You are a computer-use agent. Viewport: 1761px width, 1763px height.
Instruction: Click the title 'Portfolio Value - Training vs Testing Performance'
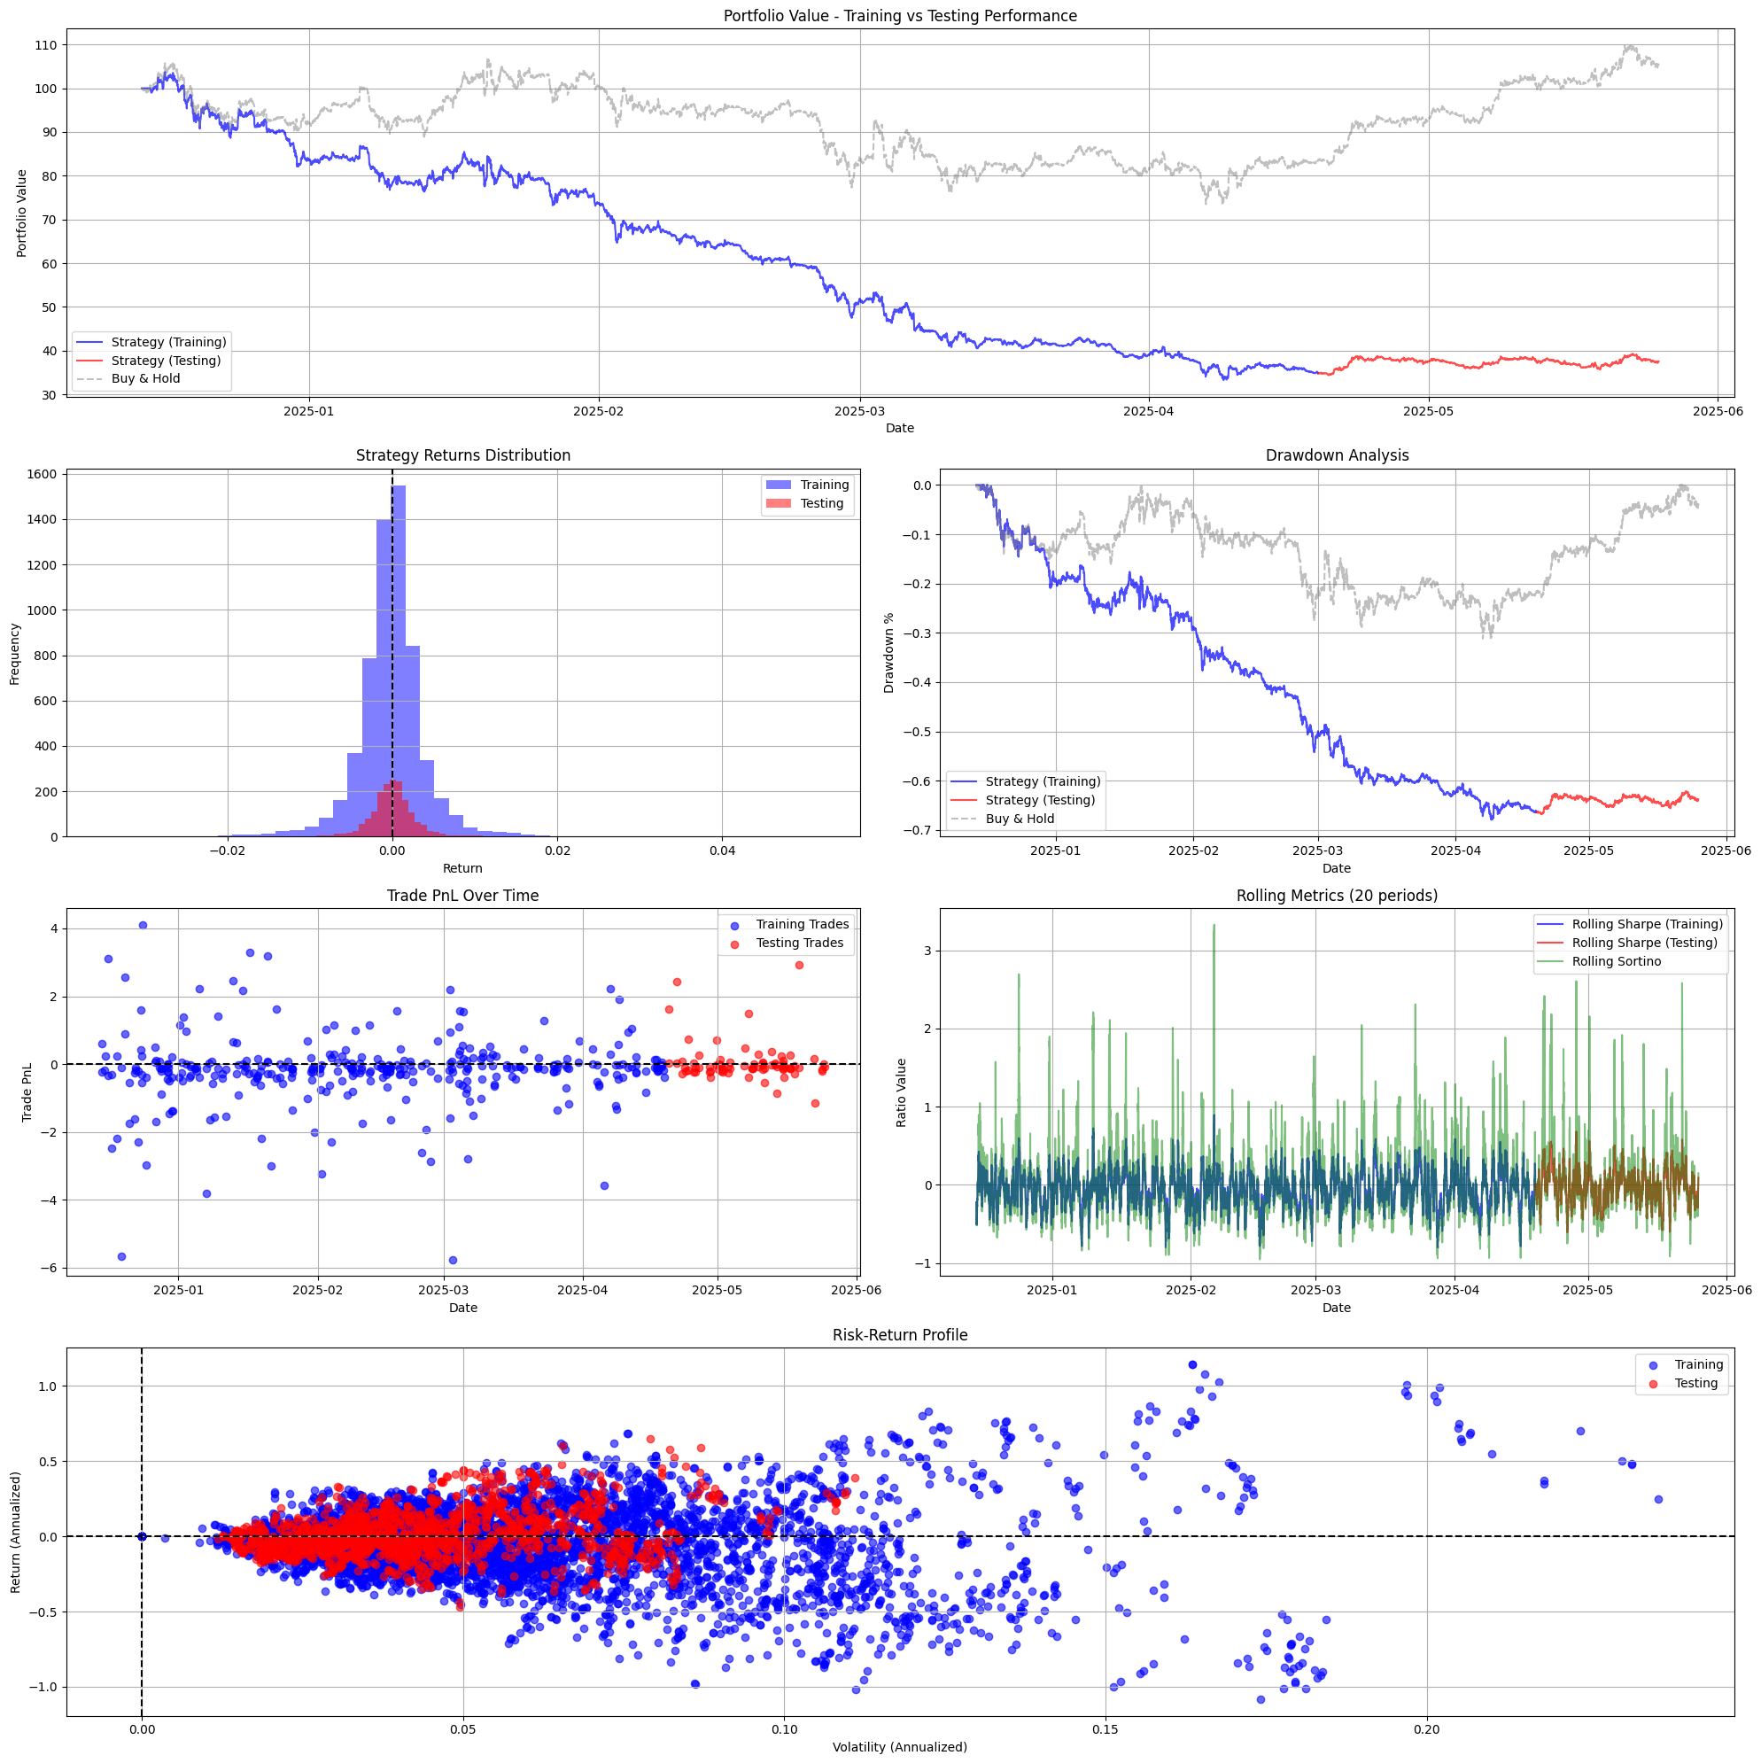tap(899, 17)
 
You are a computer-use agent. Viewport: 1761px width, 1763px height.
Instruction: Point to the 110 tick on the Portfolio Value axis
tap(46, 46)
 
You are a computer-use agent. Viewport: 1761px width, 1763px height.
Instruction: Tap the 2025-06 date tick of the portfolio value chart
tap(1718, 412)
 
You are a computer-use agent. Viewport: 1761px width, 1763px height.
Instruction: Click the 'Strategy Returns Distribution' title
tap(462, 455)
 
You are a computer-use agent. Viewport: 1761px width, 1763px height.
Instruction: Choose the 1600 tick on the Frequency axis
tap(42, 475)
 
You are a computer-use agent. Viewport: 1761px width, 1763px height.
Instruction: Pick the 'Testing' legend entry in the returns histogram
tap(821, 504)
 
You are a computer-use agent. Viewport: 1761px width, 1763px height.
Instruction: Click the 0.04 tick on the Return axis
tap(722, 851)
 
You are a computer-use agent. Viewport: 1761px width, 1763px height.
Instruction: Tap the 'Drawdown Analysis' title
tap(1336, 455)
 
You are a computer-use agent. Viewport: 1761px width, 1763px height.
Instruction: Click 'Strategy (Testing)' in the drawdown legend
tap(1039, 800)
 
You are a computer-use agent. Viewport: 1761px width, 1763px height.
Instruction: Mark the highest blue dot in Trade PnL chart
tap(143, 925)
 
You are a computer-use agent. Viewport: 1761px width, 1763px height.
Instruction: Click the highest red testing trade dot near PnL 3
tap(799, 966)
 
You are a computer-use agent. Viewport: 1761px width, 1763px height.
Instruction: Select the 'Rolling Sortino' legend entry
tap(1616, 962)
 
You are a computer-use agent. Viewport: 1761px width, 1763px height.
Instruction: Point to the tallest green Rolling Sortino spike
tap(1214, 926)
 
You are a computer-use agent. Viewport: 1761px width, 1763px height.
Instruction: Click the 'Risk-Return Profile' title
tap(899, 1335)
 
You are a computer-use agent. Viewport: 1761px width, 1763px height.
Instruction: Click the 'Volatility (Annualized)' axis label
tap(899, 1747)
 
